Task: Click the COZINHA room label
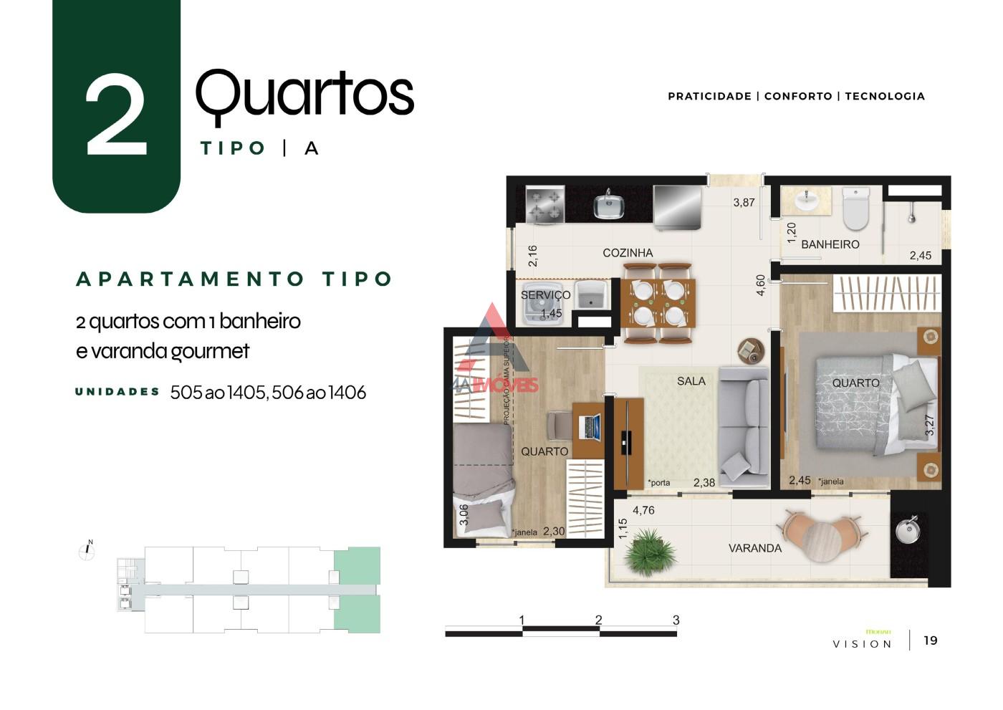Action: pyautogui.click(x=628, y=253)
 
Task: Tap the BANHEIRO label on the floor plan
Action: pyautogui.click(x=830, y=244)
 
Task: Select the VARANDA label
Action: pyautogui.click(x=754, y=548)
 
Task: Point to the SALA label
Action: pyautogui.click(x=691, y=381)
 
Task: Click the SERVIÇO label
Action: pyautogui.click(x=545, y=295)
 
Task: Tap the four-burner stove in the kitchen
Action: pyautogui.click(x=545, y=205)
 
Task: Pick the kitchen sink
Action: pyautogui.click(x=609, y=206)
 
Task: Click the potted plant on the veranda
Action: pyautogui.click(x=649, y=552)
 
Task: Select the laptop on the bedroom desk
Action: pyautogui.click(x=592, y=427)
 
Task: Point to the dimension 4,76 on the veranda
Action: pyautogui.click(x=643, y=511)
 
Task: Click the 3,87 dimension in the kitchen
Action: pyautogui.click(x=744, y=203)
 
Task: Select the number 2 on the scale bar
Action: pyautogui.click(x=598, y=620)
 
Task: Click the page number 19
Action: pyautogui.click(x=930, y=641)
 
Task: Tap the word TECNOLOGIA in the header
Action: pyautogui.click(x=885, y=96)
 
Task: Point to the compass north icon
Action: pyautogui.click(x=87, y=550)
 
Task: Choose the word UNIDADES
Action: pyautogui.click(x=117, y=392)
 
